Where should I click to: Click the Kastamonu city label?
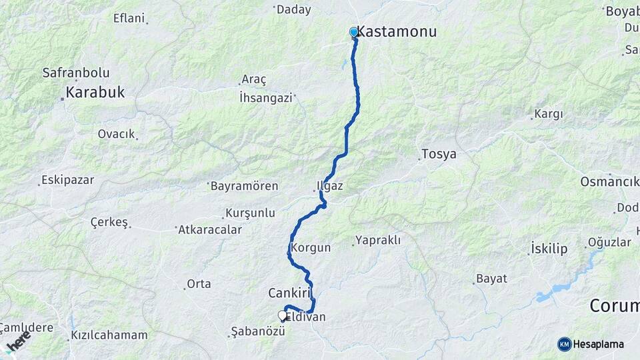click(x=397, y=31)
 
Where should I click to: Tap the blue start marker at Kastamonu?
click(x=353, y=32)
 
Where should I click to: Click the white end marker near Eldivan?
click(x=282, y=316)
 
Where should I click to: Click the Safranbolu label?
click(x=76, y=73)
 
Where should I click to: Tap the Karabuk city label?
click(x=95, y=93)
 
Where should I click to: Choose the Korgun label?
click(x=311, y=247)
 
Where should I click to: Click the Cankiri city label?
click(x=291, y=293)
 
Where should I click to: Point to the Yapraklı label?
click(x=378, y=240)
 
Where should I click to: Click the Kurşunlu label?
click(x=251, y=213)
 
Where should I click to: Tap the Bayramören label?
click(x=244, y=186)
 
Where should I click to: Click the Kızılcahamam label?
click(x=109, y=334)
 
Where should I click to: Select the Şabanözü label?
click(x=253, y=331)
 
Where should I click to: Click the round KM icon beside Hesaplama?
click(x=564, y=344)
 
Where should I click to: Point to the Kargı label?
click(x=548, y=114)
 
